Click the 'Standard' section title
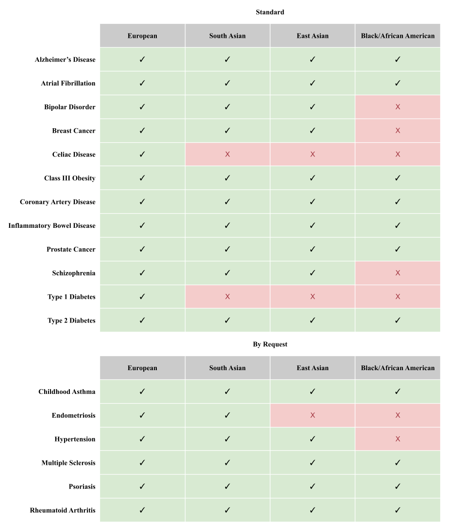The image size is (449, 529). pos(270,12)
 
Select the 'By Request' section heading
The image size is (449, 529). pos(270,344)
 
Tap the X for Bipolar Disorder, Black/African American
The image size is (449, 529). pos(398,107)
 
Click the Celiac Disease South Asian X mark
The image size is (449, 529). pos(227,154)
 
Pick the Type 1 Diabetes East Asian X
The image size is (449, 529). pos(313,297)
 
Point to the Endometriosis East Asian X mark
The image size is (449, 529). pos(313,415)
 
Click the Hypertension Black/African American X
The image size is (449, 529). pos(398,439)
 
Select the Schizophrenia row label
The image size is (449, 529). pos(74,273)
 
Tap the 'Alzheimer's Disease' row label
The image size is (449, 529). pos(65,60)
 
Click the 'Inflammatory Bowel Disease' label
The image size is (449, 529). pos(52,226)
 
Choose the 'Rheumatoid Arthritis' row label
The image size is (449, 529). pos(63,511)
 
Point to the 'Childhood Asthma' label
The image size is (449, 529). pos(67,392)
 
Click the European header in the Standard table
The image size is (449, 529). pos(142,36)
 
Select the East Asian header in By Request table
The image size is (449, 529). pos(313,368)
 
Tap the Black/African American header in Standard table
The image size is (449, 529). pos(398,36)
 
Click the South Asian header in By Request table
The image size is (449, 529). pos(227,368)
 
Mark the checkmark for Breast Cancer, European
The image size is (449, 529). pos(142,131)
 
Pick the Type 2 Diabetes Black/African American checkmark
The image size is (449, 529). pos(398,321)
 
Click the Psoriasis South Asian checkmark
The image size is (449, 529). pos(227,487)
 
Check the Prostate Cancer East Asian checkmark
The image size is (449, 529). pos(313,249)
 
